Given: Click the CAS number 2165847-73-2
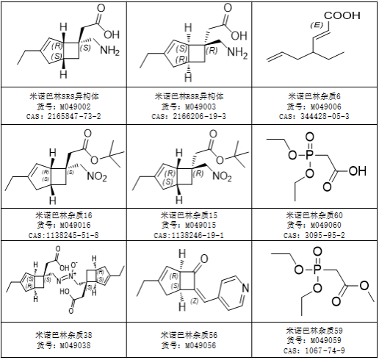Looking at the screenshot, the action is [74, 116].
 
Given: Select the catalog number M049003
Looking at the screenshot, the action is [201, 107].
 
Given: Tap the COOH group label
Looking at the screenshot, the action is [342, 15].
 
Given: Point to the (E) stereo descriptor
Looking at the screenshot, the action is [317, 25].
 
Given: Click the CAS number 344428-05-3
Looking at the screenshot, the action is [325, 116].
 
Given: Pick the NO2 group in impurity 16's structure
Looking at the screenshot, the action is [97, 176].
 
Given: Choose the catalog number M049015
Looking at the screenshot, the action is [201, 225].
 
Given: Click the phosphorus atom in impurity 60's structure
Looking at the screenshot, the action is [309, 155].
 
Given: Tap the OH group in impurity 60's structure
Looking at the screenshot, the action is [358, 170].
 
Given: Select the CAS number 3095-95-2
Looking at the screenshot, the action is [325, 235].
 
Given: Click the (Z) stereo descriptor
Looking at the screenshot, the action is [195, 301].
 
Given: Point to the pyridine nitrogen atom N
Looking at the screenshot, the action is [245, 288].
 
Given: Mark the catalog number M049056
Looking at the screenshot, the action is [201, 345].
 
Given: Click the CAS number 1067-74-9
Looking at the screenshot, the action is [325, 350].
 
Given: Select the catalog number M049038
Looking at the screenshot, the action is [75, 345].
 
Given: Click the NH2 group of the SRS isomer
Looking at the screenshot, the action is [110, 50].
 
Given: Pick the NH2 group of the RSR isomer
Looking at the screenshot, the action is [237, 52].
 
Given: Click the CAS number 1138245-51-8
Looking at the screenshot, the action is [72, 235].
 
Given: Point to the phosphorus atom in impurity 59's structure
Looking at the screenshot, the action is [317, 270].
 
